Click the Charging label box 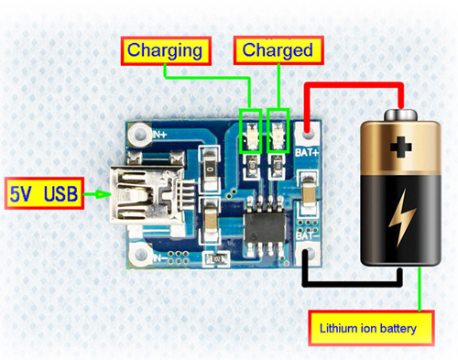click(x=165, y=49)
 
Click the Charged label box click(x=278, y=49)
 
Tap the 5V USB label click(x=41, y=193)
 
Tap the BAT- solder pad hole click(x=307, y=254)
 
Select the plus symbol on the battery click(x=400, y=147)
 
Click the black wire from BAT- click(x=353, y=280)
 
